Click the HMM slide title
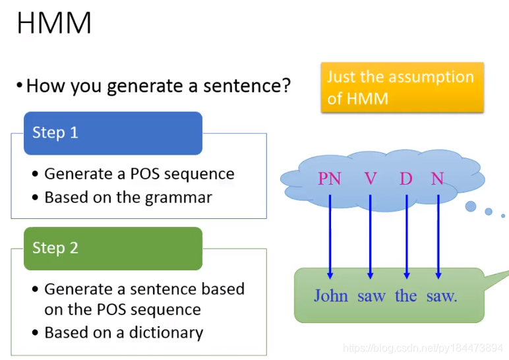click(x=54, y=22)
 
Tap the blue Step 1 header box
click(x=113, y=133)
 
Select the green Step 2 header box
click(x=113, y=249)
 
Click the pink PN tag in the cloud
click(x=330, y=178)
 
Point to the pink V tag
click(x=371, y=178)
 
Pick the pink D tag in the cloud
click(x=406, y=178)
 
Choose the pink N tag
click(x=438, y=178)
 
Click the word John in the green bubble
click(x=331, y=296)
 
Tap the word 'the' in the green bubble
click(x=405, y=296)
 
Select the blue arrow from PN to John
click(x=330, y=237)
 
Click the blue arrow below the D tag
click(x=407, y=237)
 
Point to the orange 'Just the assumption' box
click(x=402, y=87)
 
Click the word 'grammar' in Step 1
click(x=179, y=198)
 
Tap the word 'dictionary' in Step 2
click(x=166, y=332)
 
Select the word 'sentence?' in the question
click(x=247, y=86)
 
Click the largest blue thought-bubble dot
click(x=471, y=206)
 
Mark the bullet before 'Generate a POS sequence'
click(x=35, y=174)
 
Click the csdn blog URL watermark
click(x=423, y=348)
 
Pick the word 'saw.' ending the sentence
click(x=442, y=297)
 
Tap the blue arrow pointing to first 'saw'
click(x=370, y=237)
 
